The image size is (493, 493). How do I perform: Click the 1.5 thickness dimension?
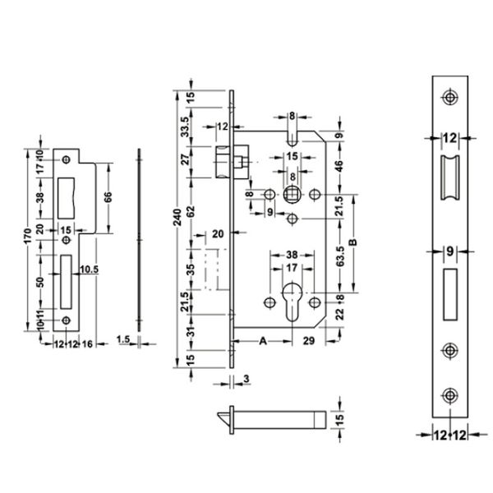pos(124,339)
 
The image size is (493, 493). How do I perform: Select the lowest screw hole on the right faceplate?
pos(449,394)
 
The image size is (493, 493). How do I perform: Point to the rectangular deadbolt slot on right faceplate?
pos(449,292)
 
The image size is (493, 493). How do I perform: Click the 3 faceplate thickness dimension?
pos(246,379)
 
